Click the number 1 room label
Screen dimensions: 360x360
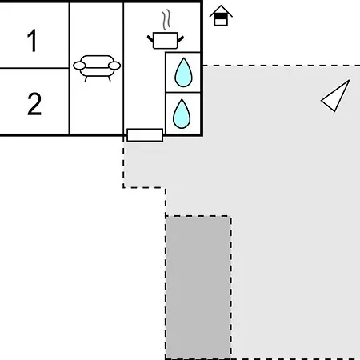coord(33,41)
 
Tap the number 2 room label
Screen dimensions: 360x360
coord(34,104)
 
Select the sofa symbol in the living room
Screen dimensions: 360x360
coord(97,68)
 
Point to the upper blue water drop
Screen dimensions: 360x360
coord(183,73)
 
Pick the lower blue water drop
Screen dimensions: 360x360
coord(182,114)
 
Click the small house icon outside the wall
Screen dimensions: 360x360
coord(221,15)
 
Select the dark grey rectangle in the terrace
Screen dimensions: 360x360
coord(198,287)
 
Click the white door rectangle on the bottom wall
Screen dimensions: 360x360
coord(145,135)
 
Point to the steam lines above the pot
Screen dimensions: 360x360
coord(166,20)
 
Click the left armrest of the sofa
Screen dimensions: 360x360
coord(79,66)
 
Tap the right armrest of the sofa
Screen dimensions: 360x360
coord(114,66)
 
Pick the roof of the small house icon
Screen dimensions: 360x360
coord(221,11)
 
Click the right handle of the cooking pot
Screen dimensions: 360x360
coord(181,39)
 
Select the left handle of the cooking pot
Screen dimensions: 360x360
coord(150,39)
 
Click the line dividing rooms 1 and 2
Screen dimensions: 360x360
coord(34,68)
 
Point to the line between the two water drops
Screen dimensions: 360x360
coord(183,92)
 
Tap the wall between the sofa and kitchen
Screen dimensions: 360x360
coord(123,69)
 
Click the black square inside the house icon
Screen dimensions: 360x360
coord(221,17)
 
